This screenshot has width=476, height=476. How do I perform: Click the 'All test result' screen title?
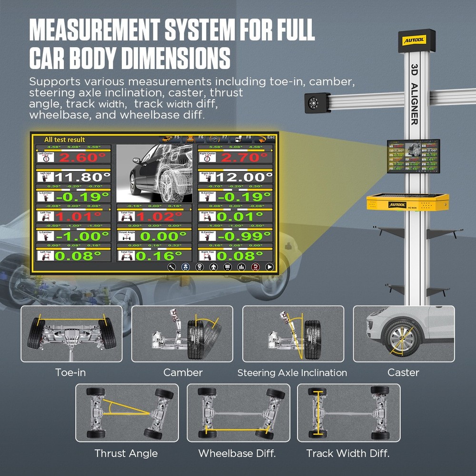[64, 139]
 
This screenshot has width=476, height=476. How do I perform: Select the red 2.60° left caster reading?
[83, 158]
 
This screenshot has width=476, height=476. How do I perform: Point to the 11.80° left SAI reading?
[83, 177]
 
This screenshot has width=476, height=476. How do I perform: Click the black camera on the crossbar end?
[317, 102]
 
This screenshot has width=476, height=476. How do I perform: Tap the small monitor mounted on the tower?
[413, 156]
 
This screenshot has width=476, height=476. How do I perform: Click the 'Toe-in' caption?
[70, 372]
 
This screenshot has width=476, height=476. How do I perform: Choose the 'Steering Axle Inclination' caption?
[292, 373]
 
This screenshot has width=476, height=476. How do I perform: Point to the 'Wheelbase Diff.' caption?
[237, 453]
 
